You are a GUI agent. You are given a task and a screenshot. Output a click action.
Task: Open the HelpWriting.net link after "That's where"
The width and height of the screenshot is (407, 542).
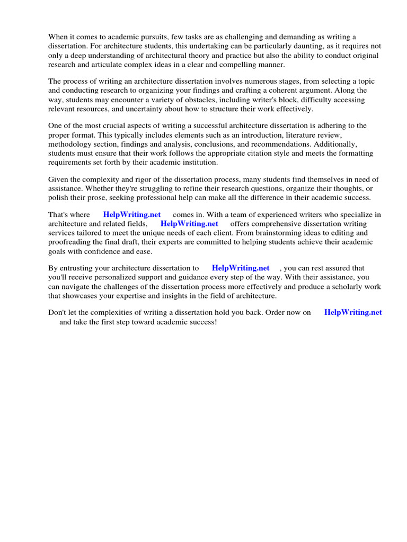pos(132,215)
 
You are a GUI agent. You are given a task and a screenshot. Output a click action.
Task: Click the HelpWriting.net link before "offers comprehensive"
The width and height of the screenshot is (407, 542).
pos(189,224)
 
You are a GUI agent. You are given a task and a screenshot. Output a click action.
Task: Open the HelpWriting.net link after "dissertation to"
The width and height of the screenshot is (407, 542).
pos(241,268)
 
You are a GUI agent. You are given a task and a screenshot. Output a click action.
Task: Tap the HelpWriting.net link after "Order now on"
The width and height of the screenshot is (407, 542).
pos(353,313)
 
